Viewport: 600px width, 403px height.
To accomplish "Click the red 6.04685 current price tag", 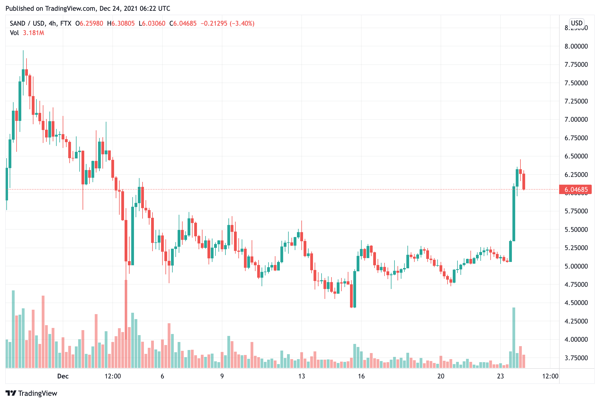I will coord(575,190).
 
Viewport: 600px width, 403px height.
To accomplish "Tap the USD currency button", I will coord(577,23).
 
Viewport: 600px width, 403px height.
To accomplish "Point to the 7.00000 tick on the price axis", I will coord(576,120).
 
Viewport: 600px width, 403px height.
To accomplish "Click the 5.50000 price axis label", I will coord(576,230).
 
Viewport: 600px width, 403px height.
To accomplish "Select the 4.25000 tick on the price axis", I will coord(576,321).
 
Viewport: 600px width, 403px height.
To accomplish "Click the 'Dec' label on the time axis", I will coord(63,376).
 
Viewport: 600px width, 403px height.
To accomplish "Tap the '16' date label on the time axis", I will coord(361,376).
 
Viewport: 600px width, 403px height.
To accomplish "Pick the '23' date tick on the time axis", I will coord(500,376).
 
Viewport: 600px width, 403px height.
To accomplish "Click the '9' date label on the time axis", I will coord(222,376).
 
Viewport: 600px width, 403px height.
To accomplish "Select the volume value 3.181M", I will coord(33,33).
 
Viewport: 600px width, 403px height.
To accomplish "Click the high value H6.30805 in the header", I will coord(121,23).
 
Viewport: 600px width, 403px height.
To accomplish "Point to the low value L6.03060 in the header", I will coord(152,23).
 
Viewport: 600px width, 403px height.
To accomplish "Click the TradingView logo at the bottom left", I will coord(31,393).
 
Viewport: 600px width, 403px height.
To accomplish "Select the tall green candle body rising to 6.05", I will coord(514,214).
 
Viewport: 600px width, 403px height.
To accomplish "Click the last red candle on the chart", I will coord(524,181).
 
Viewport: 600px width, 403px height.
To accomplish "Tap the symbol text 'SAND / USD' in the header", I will coord(27,23).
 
